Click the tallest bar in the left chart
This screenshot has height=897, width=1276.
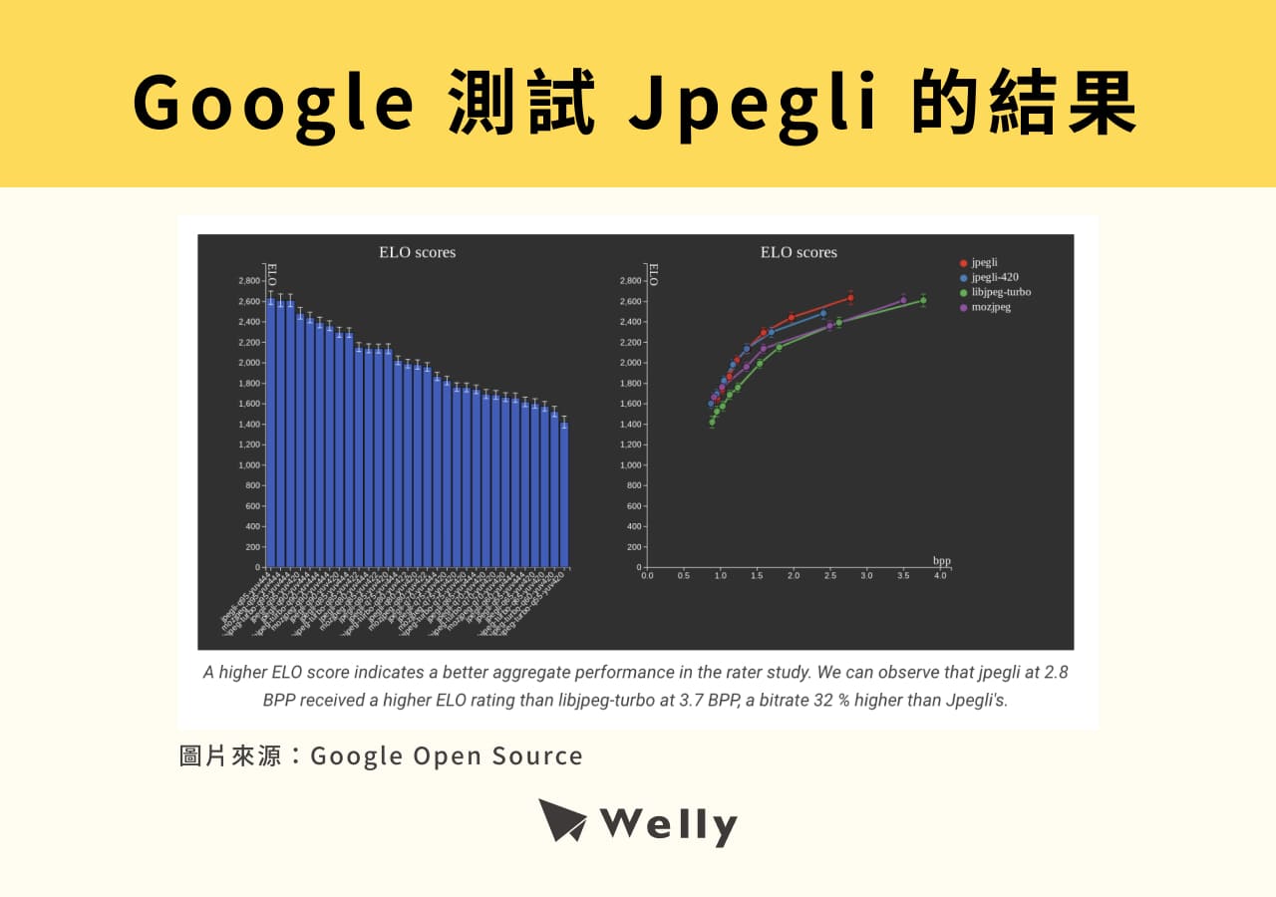(x=270, y=433)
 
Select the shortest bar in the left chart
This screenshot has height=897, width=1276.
(x=564, y=494)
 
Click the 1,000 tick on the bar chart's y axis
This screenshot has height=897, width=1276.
(x=248, y=465)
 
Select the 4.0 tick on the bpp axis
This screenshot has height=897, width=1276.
(x=939, y=575)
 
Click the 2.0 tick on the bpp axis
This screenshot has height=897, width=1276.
(x=794, y=575)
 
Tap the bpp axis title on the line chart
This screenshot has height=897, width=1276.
(x=942, y=561)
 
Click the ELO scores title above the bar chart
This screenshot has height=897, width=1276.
(x=417, y=252)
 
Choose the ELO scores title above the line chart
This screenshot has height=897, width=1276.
(x=798, y=252)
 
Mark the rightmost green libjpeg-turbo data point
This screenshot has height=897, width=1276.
(x=923, y=300)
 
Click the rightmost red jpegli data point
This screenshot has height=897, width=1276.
(x=850, y=298)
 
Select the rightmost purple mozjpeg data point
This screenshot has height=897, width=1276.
(x=904, y=300)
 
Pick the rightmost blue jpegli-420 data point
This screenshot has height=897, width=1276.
(x=823, y=313)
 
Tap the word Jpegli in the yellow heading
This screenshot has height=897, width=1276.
(x=754, y=103)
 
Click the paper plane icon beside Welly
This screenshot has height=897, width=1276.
(x=563, y=821)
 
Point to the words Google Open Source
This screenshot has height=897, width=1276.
(x=447, y=755)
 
